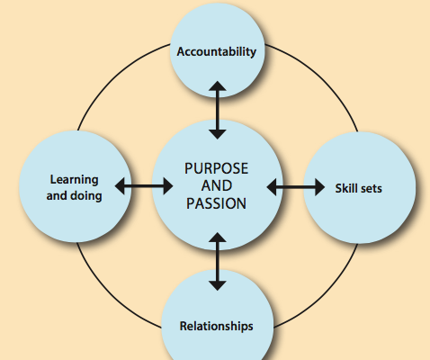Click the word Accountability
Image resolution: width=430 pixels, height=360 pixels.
tap(217, 52)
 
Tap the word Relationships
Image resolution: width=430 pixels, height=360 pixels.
tap(216, 327)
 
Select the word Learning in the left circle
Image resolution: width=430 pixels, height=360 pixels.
tap(74, 180)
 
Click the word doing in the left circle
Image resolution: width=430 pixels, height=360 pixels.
tap(86, 195)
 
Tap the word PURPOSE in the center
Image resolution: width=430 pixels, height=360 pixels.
tap(216, 168)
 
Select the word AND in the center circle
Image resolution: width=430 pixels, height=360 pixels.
tap(217, 185)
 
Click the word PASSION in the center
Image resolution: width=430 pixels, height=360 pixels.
tap(216, 203)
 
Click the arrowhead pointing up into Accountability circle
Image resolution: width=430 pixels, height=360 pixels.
tap(218, 85)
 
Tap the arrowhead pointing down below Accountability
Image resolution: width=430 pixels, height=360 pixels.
tap(218, 134)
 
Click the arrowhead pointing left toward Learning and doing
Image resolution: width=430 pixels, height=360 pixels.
tap(120, 186)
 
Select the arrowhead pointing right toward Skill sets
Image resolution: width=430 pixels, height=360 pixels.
tap(319, 187)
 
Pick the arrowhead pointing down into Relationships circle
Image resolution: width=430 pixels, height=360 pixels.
tap(218, 286)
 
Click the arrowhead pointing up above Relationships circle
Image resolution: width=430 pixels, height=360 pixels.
tap(218, 238)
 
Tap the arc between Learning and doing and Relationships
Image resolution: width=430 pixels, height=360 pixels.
tap(111, 292)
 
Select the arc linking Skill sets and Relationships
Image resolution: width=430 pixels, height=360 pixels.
tap(325, 293)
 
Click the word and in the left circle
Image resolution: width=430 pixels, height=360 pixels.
tap(57, 195)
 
